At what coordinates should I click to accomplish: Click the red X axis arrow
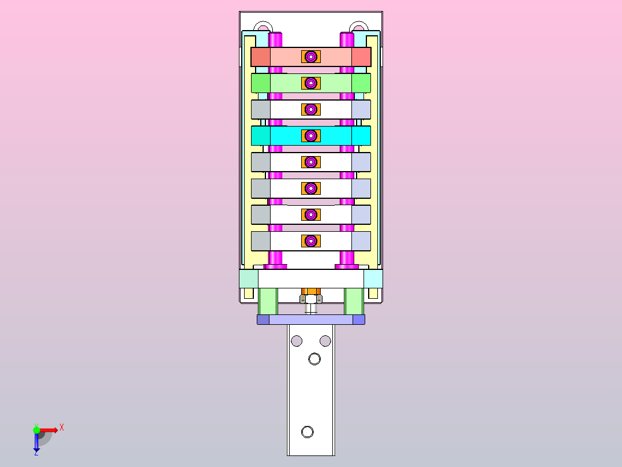[x=51, y=429]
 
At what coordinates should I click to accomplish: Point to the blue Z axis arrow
[x=36, y=443]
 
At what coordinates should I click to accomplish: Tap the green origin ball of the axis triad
[x=36, y=430]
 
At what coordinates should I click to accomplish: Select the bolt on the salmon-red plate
[x=311, y=57]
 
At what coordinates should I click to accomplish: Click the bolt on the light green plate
[x=311, y=83]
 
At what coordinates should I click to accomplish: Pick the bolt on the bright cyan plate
[x=311, y=136]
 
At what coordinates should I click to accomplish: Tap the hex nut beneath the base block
[x=311, y=299]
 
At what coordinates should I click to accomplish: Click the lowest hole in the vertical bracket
[x=308, y=432]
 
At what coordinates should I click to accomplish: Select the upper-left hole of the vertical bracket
[x=297, y=340]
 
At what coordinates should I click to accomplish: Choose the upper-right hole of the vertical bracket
[x=325, y=340]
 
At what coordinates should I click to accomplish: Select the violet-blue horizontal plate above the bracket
[x=311, y=320]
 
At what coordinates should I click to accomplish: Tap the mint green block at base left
[x=249, y=279]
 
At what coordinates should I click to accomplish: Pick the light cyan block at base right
[x=373, y=279]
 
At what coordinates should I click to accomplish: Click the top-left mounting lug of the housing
[x=263, y=27]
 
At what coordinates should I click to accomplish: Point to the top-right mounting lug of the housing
[x=358, y=27]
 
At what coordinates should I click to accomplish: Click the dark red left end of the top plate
[x=261, y=57]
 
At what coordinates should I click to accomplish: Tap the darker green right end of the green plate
[x=361, y=83]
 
